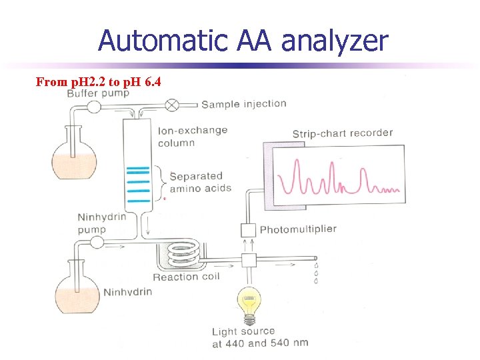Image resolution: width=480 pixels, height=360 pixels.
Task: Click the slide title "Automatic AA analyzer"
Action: tap(242, 41)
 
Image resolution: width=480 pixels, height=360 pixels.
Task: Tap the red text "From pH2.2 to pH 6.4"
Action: tap(98, 82)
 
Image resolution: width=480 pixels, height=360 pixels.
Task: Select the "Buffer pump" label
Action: tap(98, 93)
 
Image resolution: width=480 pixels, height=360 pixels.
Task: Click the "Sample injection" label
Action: tap(243, 103)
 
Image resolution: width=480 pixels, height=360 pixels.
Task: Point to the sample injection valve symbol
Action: tap(172, 104)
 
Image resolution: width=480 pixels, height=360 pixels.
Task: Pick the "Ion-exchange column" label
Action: tap(192, 137)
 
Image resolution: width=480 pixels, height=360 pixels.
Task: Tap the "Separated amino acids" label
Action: tap(200, 182)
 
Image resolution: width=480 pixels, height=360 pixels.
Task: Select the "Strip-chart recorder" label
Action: tap(343, 133)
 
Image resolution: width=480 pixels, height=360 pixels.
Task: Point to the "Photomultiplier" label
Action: tap(298, 229)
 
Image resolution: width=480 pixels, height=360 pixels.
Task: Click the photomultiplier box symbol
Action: tap(248, 230)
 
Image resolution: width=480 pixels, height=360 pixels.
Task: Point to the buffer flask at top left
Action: tap(74, 162)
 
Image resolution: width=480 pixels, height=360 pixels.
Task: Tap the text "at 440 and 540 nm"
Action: tap(259, 343)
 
